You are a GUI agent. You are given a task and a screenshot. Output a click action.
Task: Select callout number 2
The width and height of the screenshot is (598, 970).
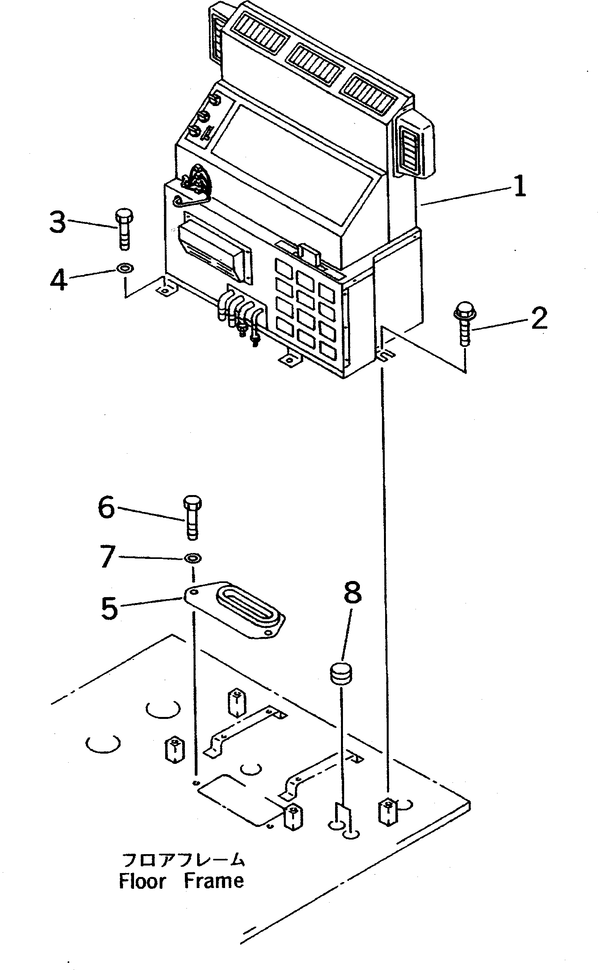539,318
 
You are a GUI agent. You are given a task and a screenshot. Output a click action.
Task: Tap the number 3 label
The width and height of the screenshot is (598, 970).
58,222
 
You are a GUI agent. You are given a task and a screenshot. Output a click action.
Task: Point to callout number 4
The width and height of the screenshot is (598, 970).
58,280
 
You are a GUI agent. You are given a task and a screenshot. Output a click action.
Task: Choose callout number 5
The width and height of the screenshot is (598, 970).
109,608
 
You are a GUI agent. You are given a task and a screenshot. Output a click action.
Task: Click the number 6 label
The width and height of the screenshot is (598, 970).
106,508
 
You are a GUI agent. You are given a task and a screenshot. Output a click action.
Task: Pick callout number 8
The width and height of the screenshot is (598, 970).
352,593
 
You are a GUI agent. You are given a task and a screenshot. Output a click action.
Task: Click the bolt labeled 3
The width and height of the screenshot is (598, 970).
124,229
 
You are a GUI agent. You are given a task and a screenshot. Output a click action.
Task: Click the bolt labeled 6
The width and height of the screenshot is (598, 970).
192,518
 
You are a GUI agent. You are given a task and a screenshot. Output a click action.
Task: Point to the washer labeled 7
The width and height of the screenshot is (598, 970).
193,559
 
